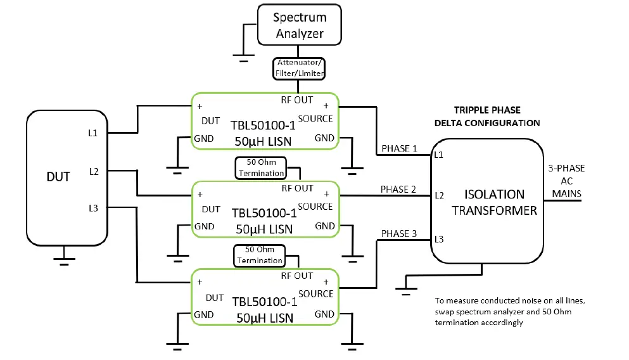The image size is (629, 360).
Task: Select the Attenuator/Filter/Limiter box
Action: click(x=300, y=68)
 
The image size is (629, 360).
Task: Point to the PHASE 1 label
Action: click(x=398, y=149)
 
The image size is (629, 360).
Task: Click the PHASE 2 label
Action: click(x=398, y=189)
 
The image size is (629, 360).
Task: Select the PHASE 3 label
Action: click(x=398, y=233)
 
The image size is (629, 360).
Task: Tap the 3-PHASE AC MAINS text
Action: click(x=566, y=181)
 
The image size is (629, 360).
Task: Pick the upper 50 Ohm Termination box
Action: click(x=260, y=167)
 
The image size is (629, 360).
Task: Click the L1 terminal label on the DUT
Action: click(x=93, y=133)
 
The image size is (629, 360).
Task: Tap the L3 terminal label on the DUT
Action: click(x=93, y=207)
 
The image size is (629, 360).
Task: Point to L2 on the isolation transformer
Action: click(x=438, y=196)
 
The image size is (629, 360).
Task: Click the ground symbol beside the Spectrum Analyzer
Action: click(x=243, y=58)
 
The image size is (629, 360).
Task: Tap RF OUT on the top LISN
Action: click(x=297, y=100)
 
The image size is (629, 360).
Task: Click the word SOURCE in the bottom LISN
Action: click(x=315, y=293)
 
